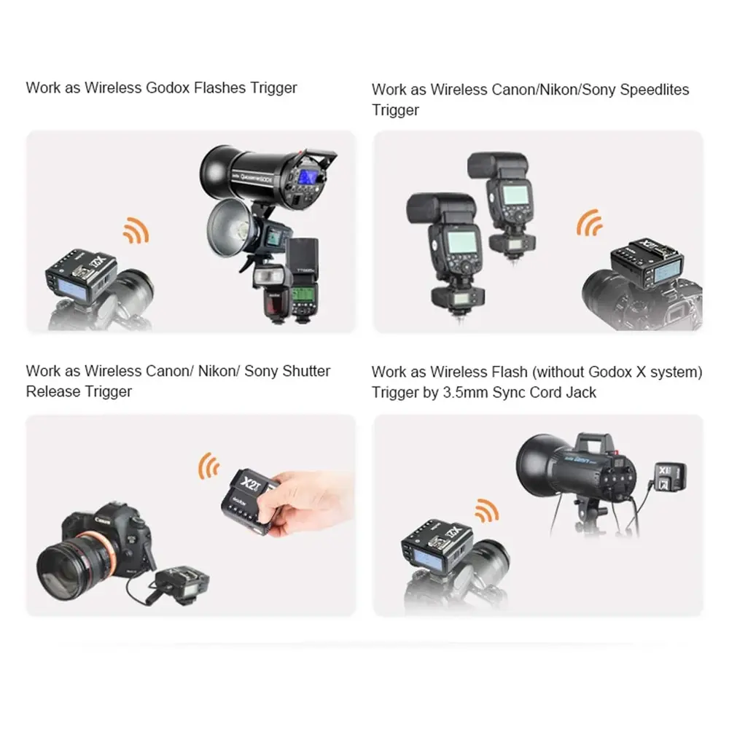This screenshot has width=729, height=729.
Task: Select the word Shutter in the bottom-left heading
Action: tap(306, 371)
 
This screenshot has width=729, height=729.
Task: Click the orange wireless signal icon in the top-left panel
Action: tap(136, 230)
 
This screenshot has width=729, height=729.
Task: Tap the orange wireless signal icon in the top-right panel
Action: tap(590, 222)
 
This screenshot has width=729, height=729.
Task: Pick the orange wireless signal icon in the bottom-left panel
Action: tap(209, 465)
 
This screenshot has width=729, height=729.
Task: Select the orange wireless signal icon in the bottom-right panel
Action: tap(486, 511)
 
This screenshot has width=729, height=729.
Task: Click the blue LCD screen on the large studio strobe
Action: tap(307, 176)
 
